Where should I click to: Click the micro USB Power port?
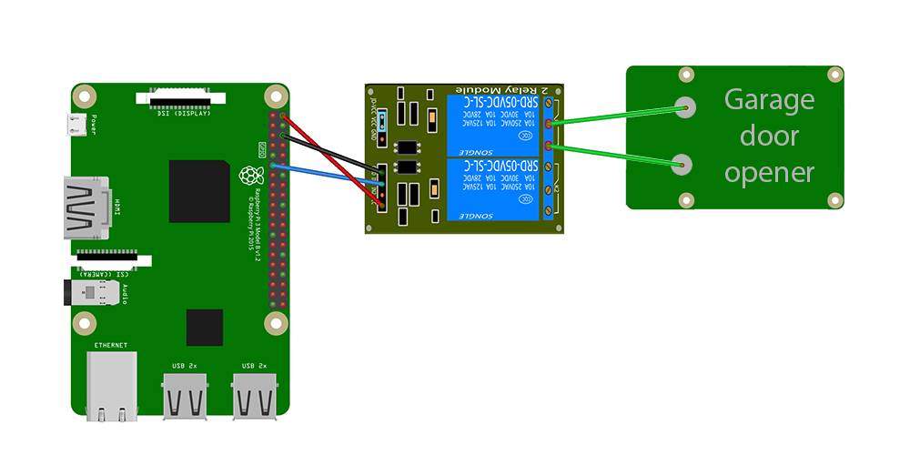(x=80, y=125)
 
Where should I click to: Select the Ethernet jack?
(x=112, y=388)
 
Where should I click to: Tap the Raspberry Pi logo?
(x=251, y=176)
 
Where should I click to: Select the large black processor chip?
(x=199, y=191)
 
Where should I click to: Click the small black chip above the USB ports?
(x=204, y=328)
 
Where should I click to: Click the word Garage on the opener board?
(x=768, y=100)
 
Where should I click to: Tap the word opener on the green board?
(x=770, y=172)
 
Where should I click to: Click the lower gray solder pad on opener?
(x=681, y=164)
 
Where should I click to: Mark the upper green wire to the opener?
(x=619, y=114)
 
